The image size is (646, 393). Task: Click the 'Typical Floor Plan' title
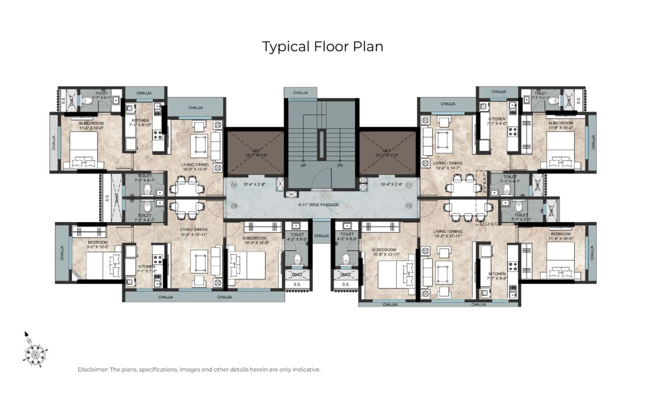322,47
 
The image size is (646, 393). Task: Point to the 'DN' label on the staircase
339,165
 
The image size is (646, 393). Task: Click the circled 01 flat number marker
409,185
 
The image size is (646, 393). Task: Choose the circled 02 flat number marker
409,206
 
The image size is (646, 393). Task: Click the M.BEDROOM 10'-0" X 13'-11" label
387,237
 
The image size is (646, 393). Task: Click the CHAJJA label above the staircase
300,93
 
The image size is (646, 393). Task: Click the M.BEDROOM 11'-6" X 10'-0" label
560,126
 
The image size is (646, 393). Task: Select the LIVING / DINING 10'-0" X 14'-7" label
448,165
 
